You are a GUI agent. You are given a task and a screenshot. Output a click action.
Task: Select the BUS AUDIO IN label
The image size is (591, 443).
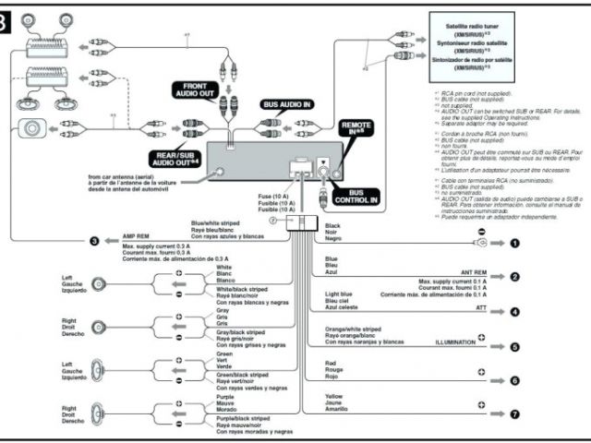286,107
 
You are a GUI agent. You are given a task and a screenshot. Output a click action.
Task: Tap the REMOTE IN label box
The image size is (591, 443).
356,127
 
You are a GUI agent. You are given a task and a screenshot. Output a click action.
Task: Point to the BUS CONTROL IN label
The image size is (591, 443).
369,196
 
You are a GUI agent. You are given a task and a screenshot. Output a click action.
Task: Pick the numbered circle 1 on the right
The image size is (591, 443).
514,244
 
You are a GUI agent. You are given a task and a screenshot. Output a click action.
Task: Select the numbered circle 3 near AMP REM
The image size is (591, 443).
93,242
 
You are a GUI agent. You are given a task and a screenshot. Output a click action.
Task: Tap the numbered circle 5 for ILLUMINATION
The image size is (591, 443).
514,347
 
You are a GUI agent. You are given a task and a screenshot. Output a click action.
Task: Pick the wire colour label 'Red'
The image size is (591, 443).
331,362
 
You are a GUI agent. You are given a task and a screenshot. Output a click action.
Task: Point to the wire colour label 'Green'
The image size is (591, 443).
225,353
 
